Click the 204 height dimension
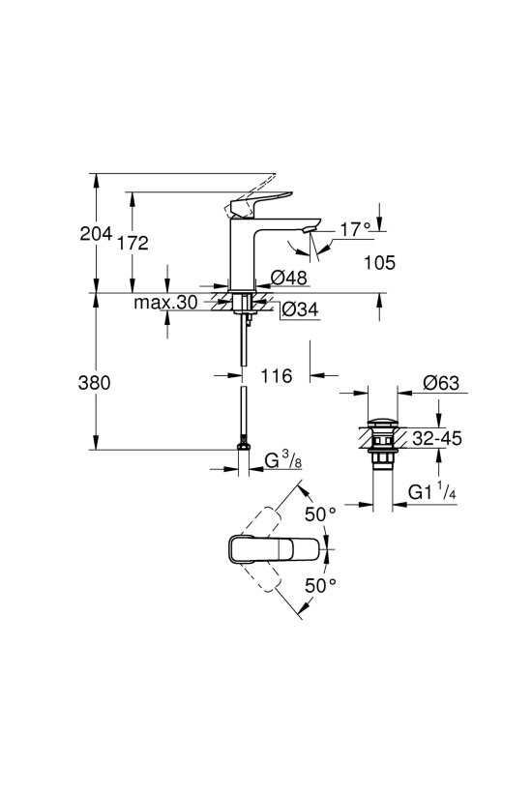coord(96,234)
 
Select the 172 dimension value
coord(133,243)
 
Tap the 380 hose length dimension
coord(94,383)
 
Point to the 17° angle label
coord(355,230)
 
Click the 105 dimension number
coord(380,262)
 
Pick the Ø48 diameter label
coord(289,278)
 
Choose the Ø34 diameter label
coord(301,309)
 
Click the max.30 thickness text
coord(165,303)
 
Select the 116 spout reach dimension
coord(277,376)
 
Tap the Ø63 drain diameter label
coord(441,383)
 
